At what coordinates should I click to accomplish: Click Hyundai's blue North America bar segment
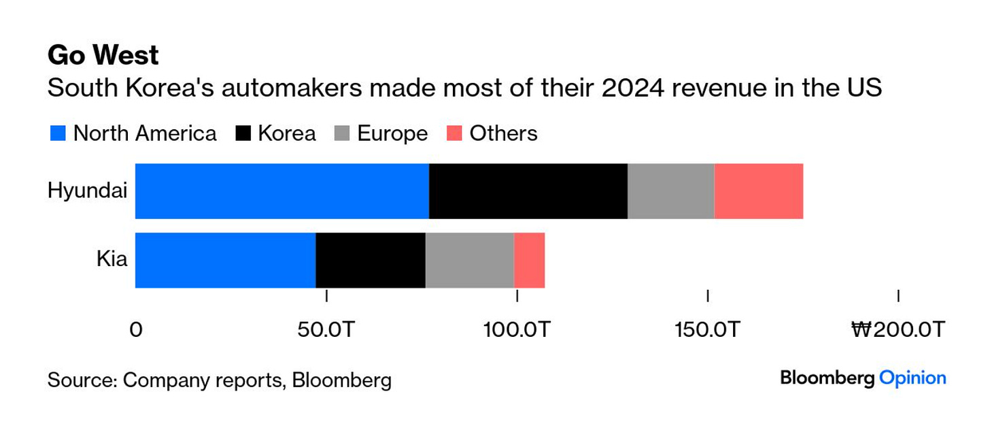pos(282,191)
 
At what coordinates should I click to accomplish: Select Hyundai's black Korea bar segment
pos(528,191)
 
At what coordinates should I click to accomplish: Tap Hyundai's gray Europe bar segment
pos(670,191)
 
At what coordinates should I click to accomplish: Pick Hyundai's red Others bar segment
pos(759,191)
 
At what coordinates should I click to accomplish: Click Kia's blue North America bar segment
pos(226,260)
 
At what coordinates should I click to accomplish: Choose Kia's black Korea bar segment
pos(371,260)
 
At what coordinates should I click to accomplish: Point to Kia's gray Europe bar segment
pos(469,260)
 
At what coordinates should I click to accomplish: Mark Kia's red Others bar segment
pos(529,260)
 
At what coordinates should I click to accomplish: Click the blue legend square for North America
pos(58,133)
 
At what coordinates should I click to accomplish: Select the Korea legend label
pos(286,133)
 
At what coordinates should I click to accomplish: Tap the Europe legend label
pos(392,133)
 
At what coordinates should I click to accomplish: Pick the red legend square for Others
pos(454,133)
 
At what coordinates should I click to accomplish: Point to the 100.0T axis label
pos(517,330)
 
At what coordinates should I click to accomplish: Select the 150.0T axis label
pos(708,330)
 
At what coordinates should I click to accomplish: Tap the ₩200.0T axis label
pos(898,330)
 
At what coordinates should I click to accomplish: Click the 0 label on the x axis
pos(136,330)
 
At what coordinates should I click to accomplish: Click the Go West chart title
pos(103,56)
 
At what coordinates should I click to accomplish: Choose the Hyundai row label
pos(87,191)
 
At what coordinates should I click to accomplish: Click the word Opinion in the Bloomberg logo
pos(912,378)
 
